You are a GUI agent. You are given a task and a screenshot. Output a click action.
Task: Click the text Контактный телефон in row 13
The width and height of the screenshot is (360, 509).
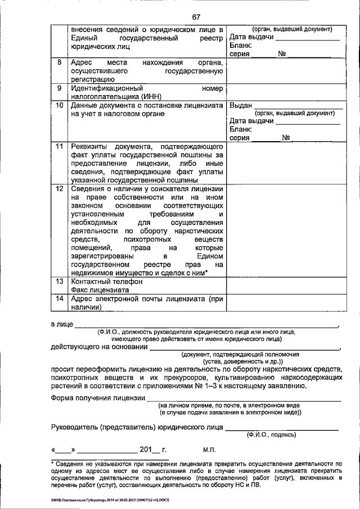point(106,281)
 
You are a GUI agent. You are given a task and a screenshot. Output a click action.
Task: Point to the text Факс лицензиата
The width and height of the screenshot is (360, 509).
point(100,290)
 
